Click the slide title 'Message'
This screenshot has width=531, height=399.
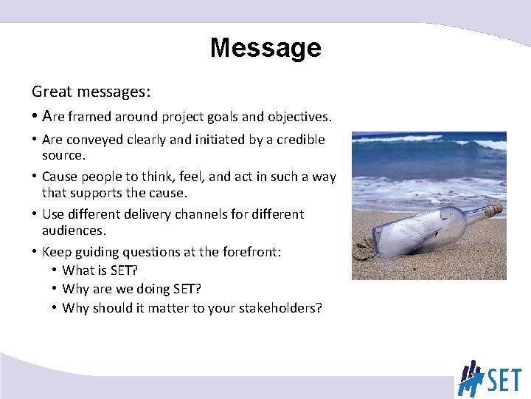tap(265, 48)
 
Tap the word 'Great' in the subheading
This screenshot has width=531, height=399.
tap(49, 92)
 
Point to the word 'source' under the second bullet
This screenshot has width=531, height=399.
tap(62, 156)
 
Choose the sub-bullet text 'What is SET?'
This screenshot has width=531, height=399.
tap(99, 270)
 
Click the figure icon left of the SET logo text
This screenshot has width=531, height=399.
tap(470, 378)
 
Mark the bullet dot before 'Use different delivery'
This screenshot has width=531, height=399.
tap(35, 214)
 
